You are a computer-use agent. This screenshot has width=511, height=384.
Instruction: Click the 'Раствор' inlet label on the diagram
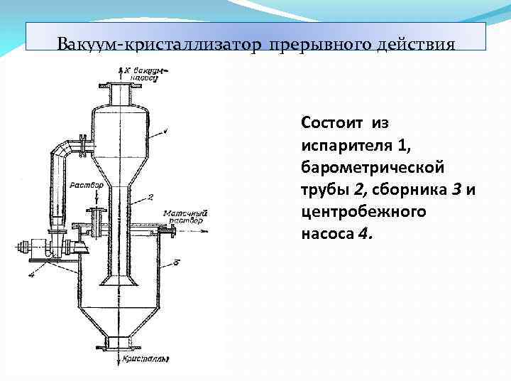point(87,185)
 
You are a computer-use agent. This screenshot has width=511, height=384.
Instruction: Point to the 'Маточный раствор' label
point(185,215)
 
